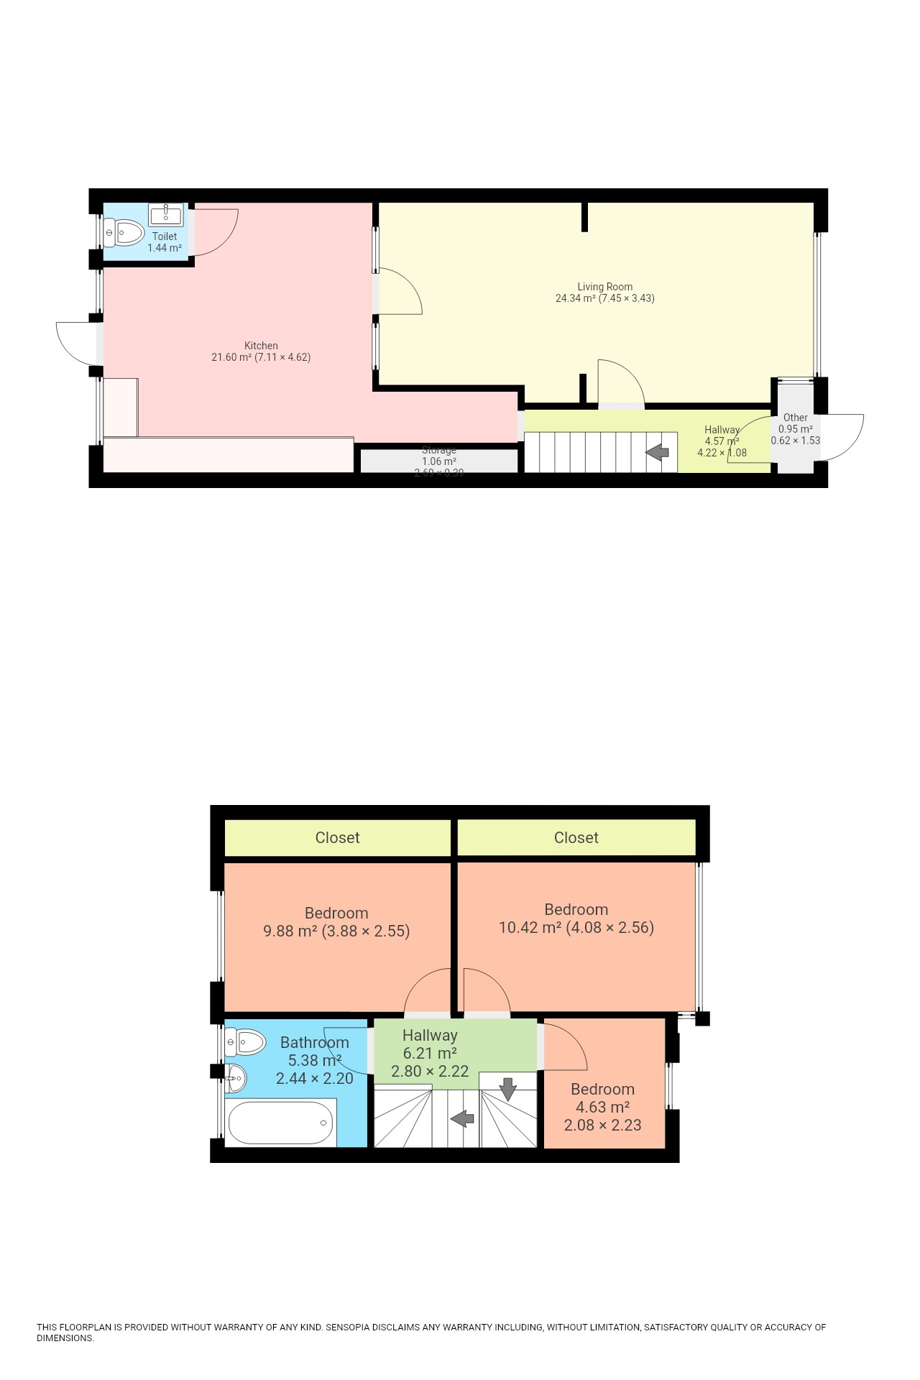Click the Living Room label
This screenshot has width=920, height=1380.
pos(604,286)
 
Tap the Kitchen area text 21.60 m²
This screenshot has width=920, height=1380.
pos(231,357)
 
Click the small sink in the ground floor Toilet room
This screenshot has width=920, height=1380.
pos(166,214)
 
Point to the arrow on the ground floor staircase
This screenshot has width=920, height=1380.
pos(657,453)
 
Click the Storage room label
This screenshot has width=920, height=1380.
pos(438,450)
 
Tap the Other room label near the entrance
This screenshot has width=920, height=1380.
pos(795,418)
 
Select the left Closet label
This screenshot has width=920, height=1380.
pos(337,837)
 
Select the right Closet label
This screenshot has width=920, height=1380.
pos(576,837)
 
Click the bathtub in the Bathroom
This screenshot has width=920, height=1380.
pos(280,1123)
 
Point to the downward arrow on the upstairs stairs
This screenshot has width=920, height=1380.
pos(508,1089)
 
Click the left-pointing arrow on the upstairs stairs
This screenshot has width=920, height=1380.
pos(462,1118)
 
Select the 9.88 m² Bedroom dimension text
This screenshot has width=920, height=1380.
pos(336,931)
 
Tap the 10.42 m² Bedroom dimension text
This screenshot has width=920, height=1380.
pos(576,928)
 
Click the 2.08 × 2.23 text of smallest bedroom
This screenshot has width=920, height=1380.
pos(602,1125)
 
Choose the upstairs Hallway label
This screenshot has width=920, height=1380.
pos(430,1035)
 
